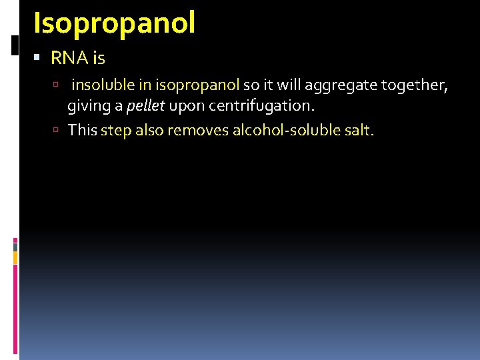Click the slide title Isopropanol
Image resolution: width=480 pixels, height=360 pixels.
114,22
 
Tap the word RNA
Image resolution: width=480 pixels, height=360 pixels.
65,59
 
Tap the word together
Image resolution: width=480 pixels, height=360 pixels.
414,85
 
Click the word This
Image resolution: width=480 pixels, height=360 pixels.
83,130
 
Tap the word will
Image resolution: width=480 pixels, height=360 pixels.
290,85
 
